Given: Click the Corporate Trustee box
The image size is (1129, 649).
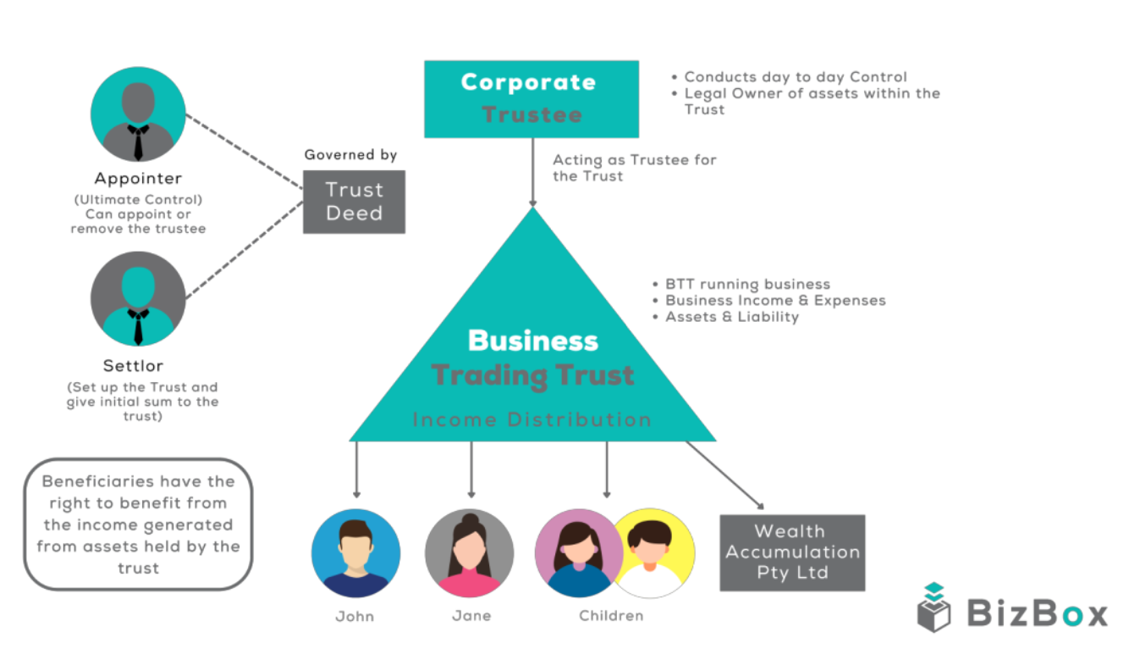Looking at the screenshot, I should (x=531, y=98).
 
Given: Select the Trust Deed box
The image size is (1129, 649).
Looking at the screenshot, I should (x=354, y=202).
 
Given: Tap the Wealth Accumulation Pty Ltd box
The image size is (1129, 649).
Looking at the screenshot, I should (x=792, y=552).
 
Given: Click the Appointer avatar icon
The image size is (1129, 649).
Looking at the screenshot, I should (x=138, y=114).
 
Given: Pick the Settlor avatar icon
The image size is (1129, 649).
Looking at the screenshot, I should (x=138, y=298).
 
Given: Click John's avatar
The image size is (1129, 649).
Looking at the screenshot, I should (x=355, y=553).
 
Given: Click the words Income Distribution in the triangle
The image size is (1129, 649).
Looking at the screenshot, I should (x=531, y=419).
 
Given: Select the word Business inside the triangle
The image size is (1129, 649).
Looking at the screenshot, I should (x=532, y=341).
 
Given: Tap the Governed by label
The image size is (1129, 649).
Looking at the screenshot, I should (x=350, y=155).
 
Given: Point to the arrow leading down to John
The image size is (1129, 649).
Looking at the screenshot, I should (x=356, y=469).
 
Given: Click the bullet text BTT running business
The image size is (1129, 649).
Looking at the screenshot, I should (x=747, y=285).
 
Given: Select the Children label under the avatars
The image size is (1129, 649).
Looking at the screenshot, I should (x=611, y=616).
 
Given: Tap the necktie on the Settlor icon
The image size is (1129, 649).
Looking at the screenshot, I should (x=138, y=326).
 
